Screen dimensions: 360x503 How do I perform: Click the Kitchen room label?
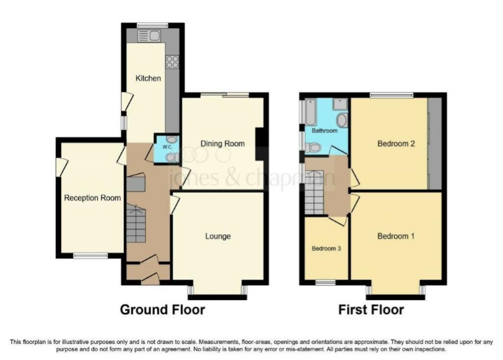pyautogui.click(x=148, y=78)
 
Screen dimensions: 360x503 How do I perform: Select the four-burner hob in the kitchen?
pyautogui.click(x=172, y=62)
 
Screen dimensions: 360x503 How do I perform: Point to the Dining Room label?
pyautogui.click(x=223, y=144)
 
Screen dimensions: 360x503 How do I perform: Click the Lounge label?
pyautogui.click(x=218, y=236)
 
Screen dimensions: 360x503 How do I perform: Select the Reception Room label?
pyautogui.click(x=92, y=198)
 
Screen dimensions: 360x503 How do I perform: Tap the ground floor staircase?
pyautogui.click(x=136, y=223)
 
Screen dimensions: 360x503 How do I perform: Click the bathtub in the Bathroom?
pyautogui.click(x=311, y=111)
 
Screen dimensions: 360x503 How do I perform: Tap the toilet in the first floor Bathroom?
pyautogui.click(x=312, y=147)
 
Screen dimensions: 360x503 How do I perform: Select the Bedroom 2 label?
pyautogui.click(x=396, y=144)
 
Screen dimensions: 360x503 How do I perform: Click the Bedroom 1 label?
pyautogui.click(x=396, y=236)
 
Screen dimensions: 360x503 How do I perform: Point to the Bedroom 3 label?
pyautogui.click(x=326, y=249)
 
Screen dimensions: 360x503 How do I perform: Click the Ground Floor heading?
pyautogui.click(x=162, y=310)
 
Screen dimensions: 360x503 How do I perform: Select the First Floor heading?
pyautogui.click(x=371, y=310)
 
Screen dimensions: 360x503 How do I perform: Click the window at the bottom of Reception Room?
pyautogui.click(x=90, y=255)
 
